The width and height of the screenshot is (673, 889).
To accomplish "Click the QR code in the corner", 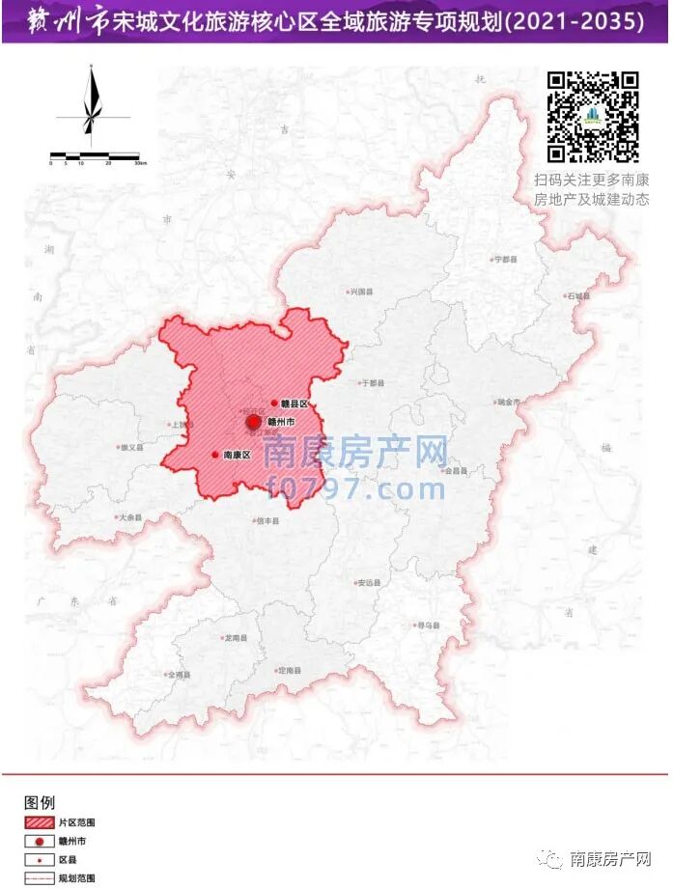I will tap(593, 117).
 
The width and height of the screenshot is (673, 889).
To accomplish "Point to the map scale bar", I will tap(95, 155).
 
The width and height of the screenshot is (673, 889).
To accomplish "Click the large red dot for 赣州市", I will tap(254, 422).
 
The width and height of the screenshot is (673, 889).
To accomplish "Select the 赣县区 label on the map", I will tap(294, 403).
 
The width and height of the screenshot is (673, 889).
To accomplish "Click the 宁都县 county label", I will tap(506, 260).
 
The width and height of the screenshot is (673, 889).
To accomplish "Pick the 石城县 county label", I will tap(578, 295).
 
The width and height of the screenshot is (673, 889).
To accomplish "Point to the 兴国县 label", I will tap(362, 291).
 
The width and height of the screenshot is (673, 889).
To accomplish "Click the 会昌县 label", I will tap(456, 470).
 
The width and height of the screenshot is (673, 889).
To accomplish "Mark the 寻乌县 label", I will tap(428, 625).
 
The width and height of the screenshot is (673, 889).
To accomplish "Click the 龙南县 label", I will tap(236, 639).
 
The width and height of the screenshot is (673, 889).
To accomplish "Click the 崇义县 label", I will tap(130, 448).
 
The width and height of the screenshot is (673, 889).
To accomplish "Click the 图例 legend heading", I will tap(40, 802).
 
